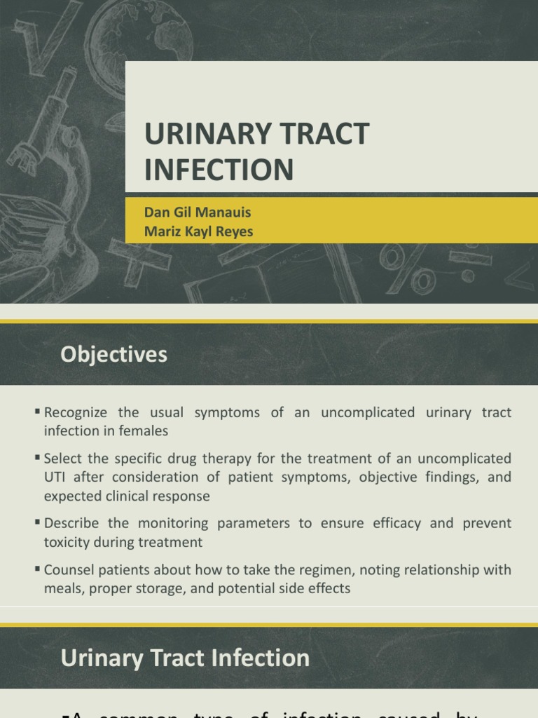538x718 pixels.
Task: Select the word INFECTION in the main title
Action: click(219, 170)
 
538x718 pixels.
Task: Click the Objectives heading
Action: click(114, 355)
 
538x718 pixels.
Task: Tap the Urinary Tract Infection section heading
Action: click(185, 658)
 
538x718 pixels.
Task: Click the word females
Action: click(145, 431)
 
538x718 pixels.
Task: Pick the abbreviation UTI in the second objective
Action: click(55, 477)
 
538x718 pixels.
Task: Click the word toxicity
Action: click(68, 541)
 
